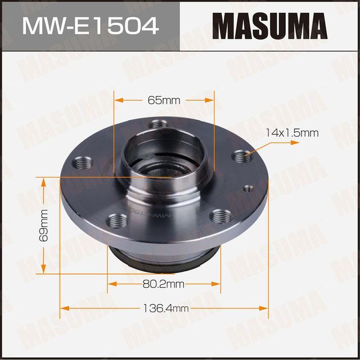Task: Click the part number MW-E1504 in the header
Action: [x=89, y=25]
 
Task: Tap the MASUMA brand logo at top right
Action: [x=269, y=25]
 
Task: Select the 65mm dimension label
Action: [x=164, y=100]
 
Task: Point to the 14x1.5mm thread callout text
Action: [x=292, y=133]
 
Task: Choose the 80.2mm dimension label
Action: [x=164, y=284]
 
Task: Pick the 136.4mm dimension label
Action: [x=164, y=309]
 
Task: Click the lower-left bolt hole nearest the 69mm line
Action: [x=115, y=220]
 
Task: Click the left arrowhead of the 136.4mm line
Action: [x=63, y=309]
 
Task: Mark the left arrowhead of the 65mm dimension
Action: [x=117, y=100]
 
